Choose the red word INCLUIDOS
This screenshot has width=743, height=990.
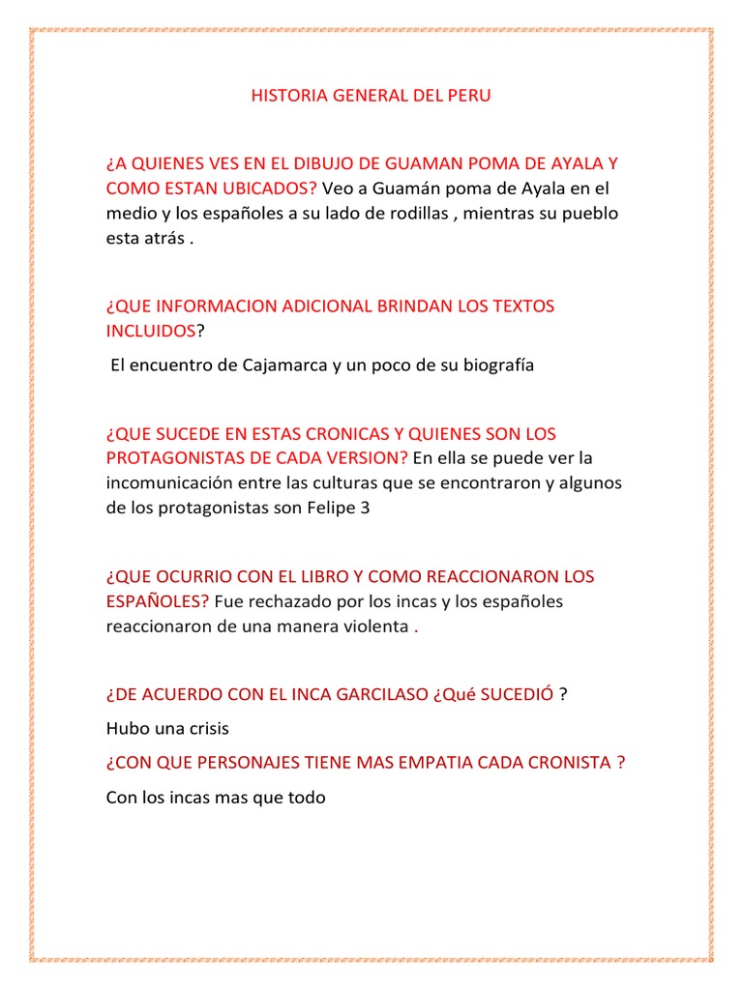pyautogui.click(x=151, y=331)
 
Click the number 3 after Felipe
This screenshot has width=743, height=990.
pyautogui.click(x=364, y=507)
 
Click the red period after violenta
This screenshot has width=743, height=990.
pyautogui.click(x=416, y=627)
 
